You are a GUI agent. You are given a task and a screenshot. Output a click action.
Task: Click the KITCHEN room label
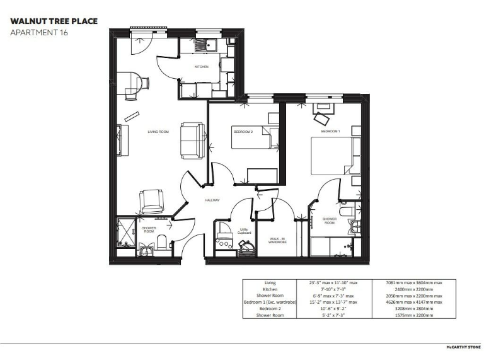201,66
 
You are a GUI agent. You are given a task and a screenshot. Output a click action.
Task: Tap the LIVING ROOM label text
158,132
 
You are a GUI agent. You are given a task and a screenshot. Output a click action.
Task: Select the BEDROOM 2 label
243,132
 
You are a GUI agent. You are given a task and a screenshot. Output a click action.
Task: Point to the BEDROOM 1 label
330,132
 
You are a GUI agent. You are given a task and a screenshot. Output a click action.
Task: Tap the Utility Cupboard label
245,231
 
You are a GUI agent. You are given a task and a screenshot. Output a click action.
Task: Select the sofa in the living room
192,140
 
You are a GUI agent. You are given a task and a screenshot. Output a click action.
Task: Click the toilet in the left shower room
161,241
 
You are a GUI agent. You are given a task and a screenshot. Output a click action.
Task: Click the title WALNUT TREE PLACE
54,21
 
